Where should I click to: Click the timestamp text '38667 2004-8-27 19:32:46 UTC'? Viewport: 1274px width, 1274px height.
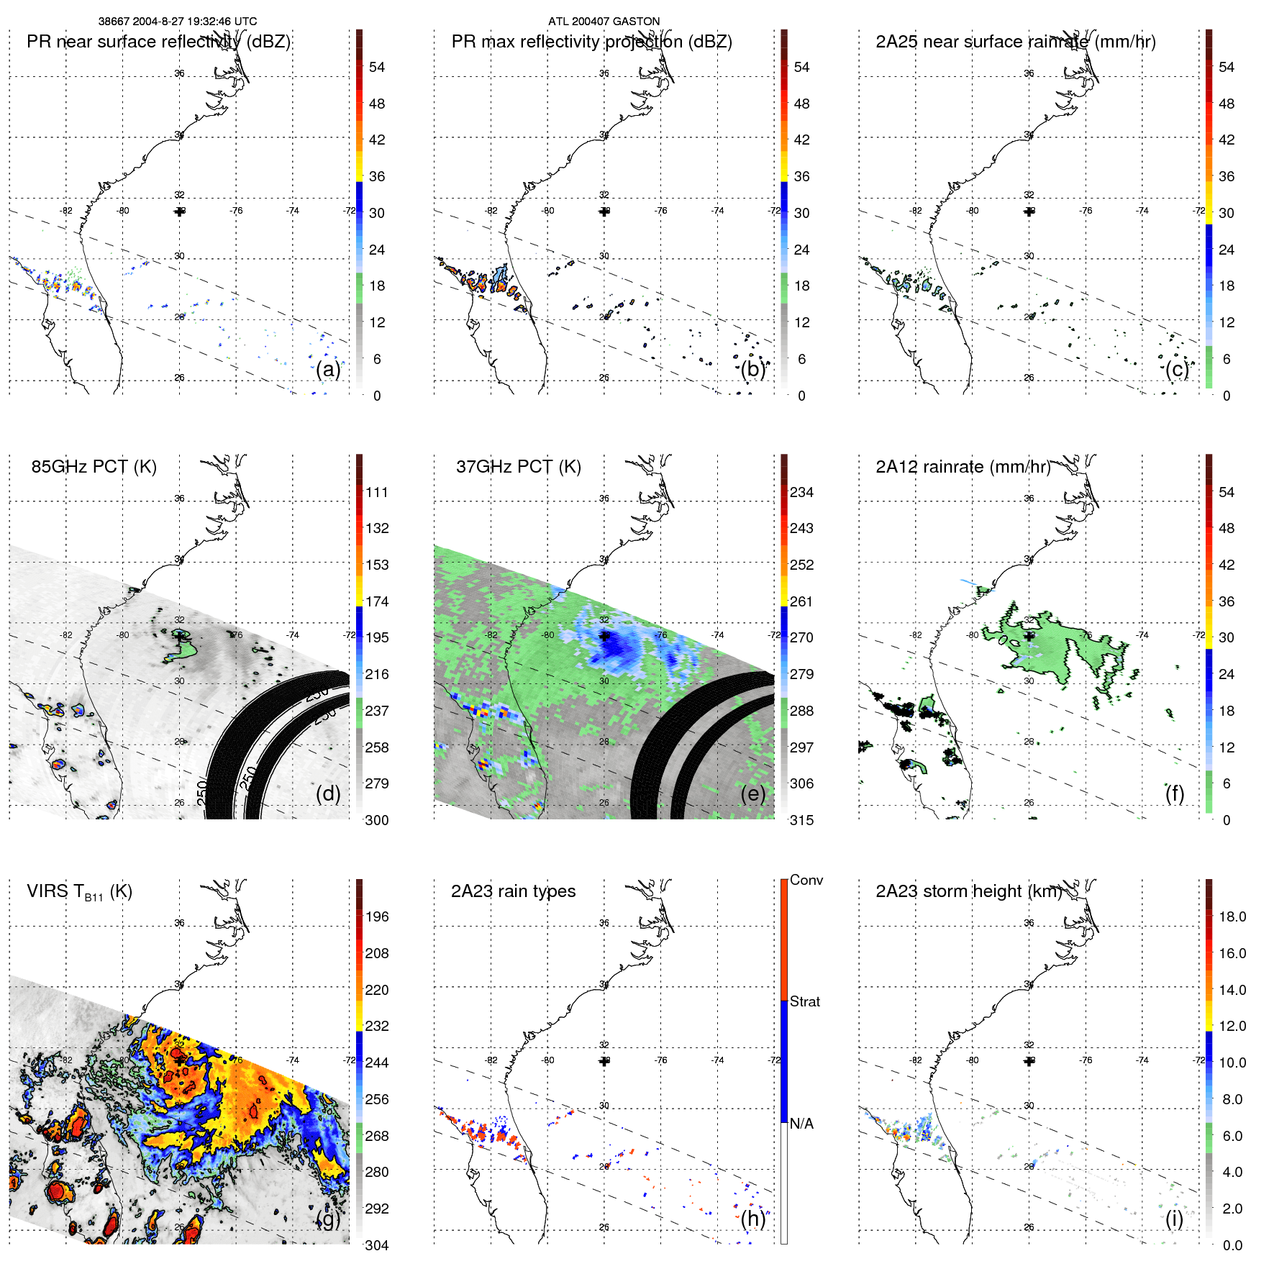click(177, 22)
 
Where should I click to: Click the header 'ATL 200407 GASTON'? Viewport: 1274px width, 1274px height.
click(604, 22)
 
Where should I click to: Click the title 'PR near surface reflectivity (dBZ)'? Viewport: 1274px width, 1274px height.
click(158, 42)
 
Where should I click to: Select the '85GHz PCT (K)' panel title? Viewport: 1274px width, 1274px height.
click(94, 467)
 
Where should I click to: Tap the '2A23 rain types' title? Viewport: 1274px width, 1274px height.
click(513, 891)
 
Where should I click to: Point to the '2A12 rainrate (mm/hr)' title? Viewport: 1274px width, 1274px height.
click(963, 467)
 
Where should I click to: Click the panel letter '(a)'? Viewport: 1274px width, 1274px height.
click(328, 370)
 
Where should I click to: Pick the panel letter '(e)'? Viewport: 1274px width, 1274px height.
click(753, 794)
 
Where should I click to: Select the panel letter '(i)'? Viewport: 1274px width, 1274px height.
click(1174, 1219)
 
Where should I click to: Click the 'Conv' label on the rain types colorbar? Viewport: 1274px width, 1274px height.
click(806, 880)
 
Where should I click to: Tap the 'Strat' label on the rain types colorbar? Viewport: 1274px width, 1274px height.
click(804, 1001)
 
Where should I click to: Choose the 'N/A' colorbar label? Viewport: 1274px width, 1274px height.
click(801, 1124)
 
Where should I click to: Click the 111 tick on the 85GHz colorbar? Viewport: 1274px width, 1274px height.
click(377, 492)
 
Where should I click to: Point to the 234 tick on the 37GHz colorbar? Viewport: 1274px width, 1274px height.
click(801, 492)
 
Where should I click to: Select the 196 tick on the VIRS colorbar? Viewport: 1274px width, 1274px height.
click(377, 916)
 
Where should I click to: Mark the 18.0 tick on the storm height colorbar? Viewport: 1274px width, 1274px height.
click(1232, 916)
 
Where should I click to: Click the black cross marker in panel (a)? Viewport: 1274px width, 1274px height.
click(179, 211)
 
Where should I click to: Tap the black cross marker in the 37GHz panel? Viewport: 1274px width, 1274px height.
click(604, 636)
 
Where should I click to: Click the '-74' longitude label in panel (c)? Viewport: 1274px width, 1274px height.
click(1142, 211)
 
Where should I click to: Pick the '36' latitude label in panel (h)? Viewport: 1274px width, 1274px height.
click(604, 923)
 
